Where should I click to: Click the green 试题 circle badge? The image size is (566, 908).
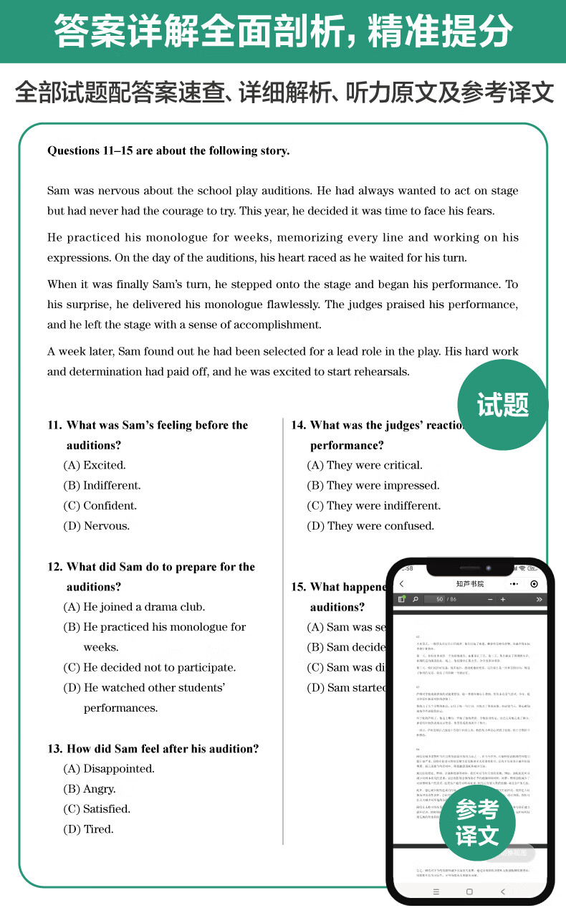pos(502,405)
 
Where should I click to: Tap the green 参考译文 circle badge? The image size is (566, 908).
pos(477,823)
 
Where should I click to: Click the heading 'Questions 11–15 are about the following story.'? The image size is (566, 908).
pos(168,150)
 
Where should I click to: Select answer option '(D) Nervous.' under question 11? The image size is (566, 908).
pos(97,526)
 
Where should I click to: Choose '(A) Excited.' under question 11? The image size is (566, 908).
pos(95,465)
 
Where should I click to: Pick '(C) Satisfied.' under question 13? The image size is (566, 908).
pos(97,809)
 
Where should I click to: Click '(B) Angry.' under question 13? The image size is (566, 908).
pos(90,789)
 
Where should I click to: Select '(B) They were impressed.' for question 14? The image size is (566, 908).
pos(373,485)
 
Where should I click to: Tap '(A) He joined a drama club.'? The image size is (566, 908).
pos(134,607)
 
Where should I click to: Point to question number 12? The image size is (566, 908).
pos(55,567)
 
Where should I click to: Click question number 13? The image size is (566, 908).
pos(55,749)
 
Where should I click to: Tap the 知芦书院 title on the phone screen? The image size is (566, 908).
pos(470,584)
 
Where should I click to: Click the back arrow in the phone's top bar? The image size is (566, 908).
pos(402,584)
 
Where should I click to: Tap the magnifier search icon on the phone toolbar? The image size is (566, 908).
pos(415,599)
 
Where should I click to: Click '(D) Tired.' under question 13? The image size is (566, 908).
pos(89,829)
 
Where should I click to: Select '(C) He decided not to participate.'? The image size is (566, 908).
pos(150,667)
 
